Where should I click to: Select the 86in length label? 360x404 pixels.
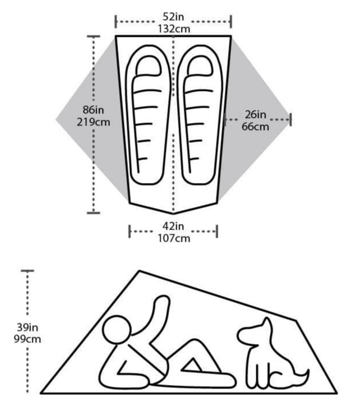tap(92, 110)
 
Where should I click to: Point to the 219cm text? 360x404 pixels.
tap(93, 121)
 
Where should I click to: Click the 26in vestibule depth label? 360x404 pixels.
tap(255, 114)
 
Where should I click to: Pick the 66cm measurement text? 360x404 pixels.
tap(255, 126)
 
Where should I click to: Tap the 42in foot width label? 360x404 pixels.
tap(173, 226)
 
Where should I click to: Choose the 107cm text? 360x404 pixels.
tap(173, 237)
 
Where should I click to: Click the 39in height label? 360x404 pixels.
tap(26, 326)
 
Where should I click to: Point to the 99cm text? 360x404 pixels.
tap(26, 338)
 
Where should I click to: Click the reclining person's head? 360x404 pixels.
tap(120, 334)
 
